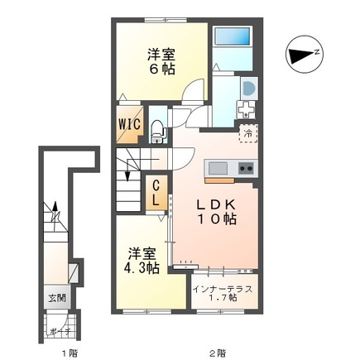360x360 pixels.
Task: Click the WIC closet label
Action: pyautogui.click(x=130, y=124)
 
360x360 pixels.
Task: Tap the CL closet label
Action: pyautogui.click(x=156, y=193)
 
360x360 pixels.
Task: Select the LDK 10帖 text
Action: pyautogui.click(x=216, y=212)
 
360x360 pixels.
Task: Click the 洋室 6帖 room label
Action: pyautogui.click(x=161, y=62)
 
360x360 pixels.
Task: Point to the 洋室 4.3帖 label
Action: pyautogui.click(x=142, y=261)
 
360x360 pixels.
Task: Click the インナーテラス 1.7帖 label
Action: pyautogui.click(x=223, y=293)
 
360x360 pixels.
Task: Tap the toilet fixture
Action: pyautogui.click(x=158, y=132)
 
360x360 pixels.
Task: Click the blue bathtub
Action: pyautogui.click(x=233, y=36)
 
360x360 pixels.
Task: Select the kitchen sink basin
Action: pyautogui.click(x=218, y=168)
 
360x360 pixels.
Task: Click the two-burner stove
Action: pyautogui.click(x=246, y=168)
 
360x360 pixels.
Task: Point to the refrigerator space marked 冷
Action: pyautogui.click(x=248, y=133)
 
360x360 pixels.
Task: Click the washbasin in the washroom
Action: pyautogui.click(x=249, y=89)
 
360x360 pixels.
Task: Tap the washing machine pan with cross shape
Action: pyautogui.click(x=246, y=110)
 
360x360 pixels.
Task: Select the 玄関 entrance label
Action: pyautogui.click(x=57, y=298)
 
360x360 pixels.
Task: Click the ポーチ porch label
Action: pyautogui.click(x=60, y=332)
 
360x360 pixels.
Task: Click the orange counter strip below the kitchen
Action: pyautogui.click(x=219, y=180)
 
